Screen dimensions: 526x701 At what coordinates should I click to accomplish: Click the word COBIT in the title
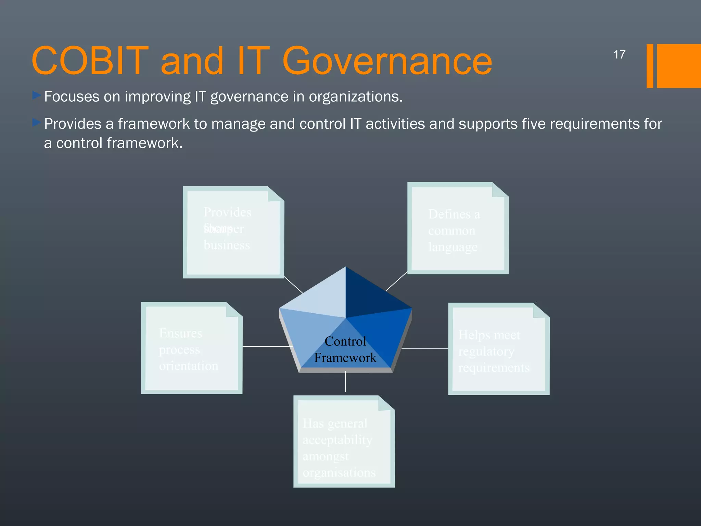[x=90, y=61]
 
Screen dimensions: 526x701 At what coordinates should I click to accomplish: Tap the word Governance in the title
[x=387, y=61]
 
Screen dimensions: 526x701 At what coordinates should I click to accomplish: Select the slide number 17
[x=619, y=54]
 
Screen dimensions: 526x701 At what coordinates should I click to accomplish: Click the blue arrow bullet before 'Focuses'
[x=37, y=95]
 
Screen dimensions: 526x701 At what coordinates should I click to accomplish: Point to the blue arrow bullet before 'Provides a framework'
[x=37, y=122]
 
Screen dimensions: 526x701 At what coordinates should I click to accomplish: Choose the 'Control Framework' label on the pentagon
[x=345, y=349]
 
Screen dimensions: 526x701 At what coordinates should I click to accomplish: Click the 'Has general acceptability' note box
[x=344, y=442]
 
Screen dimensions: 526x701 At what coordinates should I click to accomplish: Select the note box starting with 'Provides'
[x=233, y=233]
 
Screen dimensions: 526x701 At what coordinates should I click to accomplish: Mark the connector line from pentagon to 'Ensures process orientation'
[x=267, y=347]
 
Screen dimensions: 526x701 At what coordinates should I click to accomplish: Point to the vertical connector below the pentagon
[x=345, y=382]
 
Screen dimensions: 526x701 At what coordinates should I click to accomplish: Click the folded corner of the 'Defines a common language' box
[x=499, y=190]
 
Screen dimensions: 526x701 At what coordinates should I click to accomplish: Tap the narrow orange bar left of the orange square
[x=650, y=66]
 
